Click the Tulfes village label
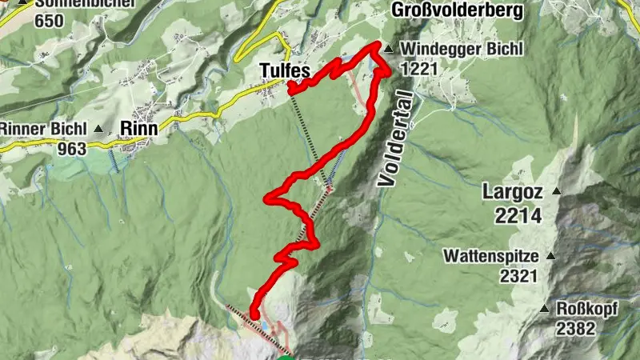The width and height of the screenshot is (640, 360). [284, 71]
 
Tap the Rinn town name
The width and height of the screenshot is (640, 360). [137, 128]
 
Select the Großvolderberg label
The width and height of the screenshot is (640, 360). [457, 10]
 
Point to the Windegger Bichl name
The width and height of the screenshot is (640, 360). [462, 50]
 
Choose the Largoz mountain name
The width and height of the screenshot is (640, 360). [513, 191]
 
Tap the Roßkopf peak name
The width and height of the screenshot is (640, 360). [587, 309]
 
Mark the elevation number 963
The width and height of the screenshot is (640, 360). [72, 148]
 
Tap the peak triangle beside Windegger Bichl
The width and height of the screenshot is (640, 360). [388, 50]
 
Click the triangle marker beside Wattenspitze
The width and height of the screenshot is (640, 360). [550, 257]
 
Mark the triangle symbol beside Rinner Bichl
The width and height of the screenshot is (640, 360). [99, 128]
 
